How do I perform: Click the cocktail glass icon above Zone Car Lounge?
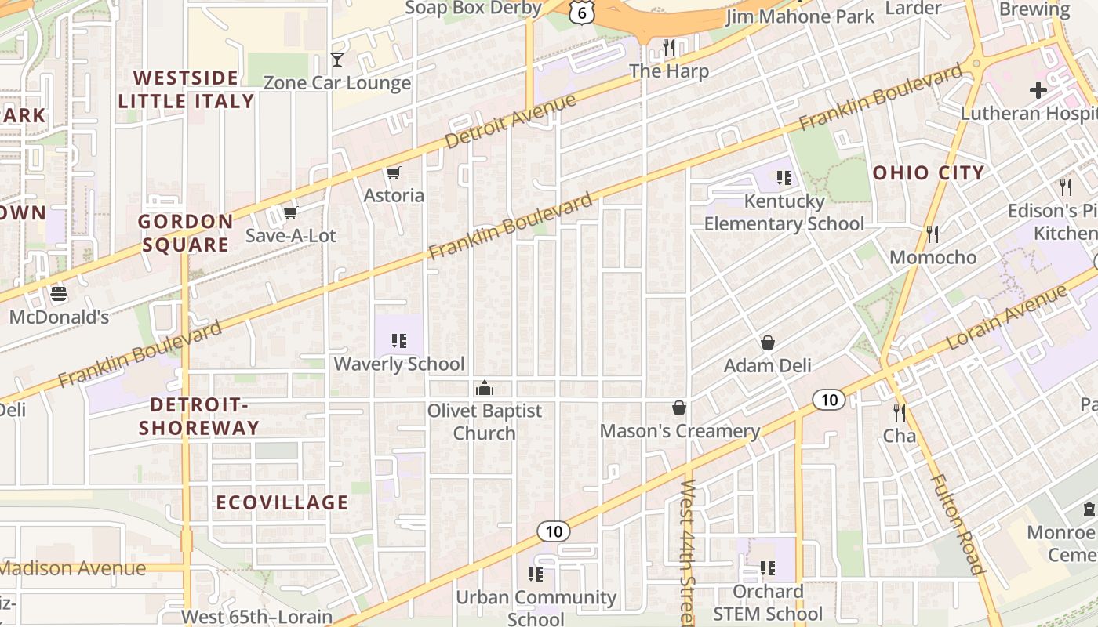tap(337, 60)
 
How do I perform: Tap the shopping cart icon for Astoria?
tap(393, 172)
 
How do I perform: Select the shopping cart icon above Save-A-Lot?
tap(290, 213)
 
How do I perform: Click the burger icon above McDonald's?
tap(59, 295)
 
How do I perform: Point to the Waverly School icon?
tap(399, 341)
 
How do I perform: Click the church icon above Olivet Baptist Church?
tap(485, 388)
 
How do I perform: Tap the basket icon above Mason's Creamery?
tap(679, 408)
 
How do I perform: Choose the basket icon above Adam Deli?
tap(767, 343)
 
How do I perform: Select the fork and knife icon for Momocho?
tap(933, 234)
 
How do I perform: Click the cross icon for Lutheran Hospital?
tap(1038, 90)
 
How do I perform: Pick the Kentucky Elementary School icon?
tap(784, 179)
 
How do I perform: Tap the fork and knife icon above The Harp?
tap(669, 48)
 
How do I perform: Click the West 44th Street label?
tap(688, 552)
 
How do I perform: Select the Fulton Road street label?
tap(958, 524)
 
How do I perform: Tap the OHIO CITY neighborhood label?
tap(929, 173)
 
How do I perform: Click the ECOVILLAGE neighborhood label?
tap(282, 503)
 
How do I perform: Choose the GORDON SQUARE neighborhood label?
tap(186, 233)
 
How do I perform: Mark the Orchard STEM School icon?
tap(767, 568)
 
